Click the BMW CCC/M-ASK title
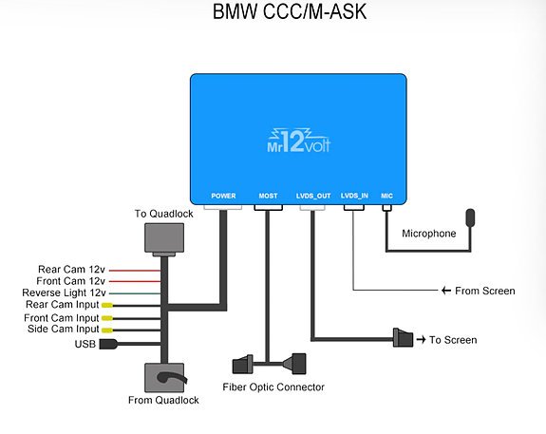coord(290,11)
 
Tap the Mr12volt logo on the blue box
coord(299,141)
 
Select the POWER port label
coord(223,196)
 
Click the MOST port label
coord(268,196)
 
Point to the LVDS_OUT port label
coord(313,196)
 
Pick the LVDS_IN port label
coord(354,196)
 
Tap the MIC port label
coord(386,196)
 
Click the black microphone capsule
coord(470,217)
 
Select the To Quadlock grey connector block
coord(164,239)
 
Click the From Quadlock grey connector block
coord(164,378)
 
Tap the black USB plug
coord(108,344)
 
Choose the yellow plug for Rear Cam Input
coord(107,306)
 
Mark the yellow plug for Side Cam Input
coord(107,330)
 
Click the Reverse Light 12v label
coord(64,292)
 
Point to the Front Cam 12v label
coord(70,281)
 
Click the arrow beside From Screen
coord(446,291)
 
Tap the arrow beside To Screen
coord(421,339)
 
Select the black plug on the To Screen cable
coord(403,337)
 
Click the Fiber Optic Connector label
coord(273,387)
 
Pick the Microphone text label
coord(429,234)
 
